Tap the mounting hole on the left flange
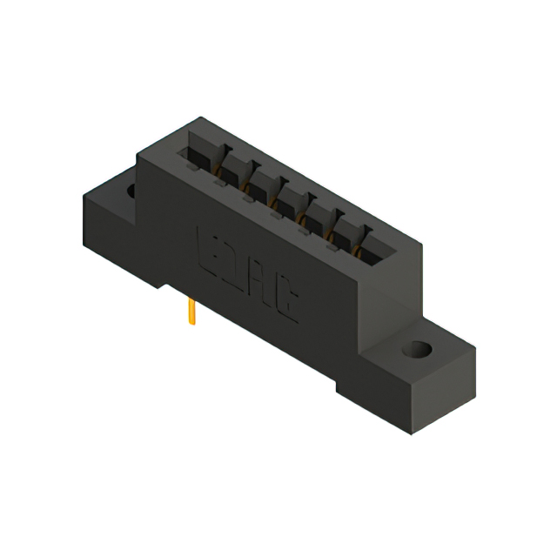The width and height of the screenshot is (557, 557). pos(132,189)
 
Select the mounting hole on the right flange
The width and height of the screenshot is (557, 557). pos(418,352)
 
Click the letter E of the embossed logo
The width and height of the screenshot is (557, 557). pos(210,245)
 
